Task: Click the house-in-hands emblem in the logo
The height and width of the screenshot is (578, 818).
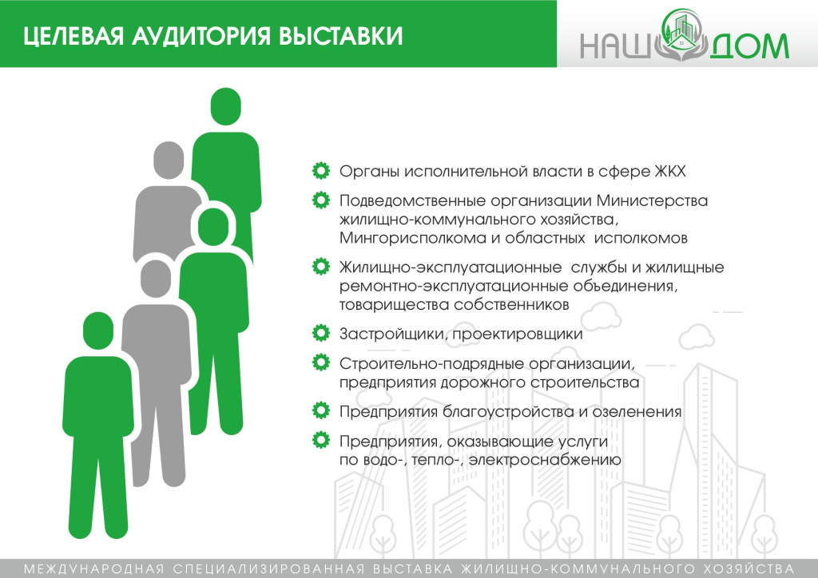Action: [x=679, y=36]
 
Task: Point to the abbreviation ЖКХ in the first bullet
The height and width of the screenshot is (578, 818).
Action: [x=669, y=172]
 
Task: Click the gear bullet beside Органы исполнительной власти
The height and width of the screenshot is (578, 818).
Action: [x=320, y=171]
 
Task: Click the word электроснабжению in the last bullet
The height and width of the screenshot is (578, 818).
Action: [x=546, y=461]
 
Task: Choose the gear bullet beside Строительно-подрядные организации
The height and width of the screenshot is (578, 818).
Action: [x=320, y=363]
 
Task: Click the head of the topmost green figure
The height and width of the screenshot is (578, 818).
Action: [x=226, y=108]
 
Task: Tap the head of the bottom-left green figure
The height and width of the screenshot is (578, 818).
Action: [x=97, y=331]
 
